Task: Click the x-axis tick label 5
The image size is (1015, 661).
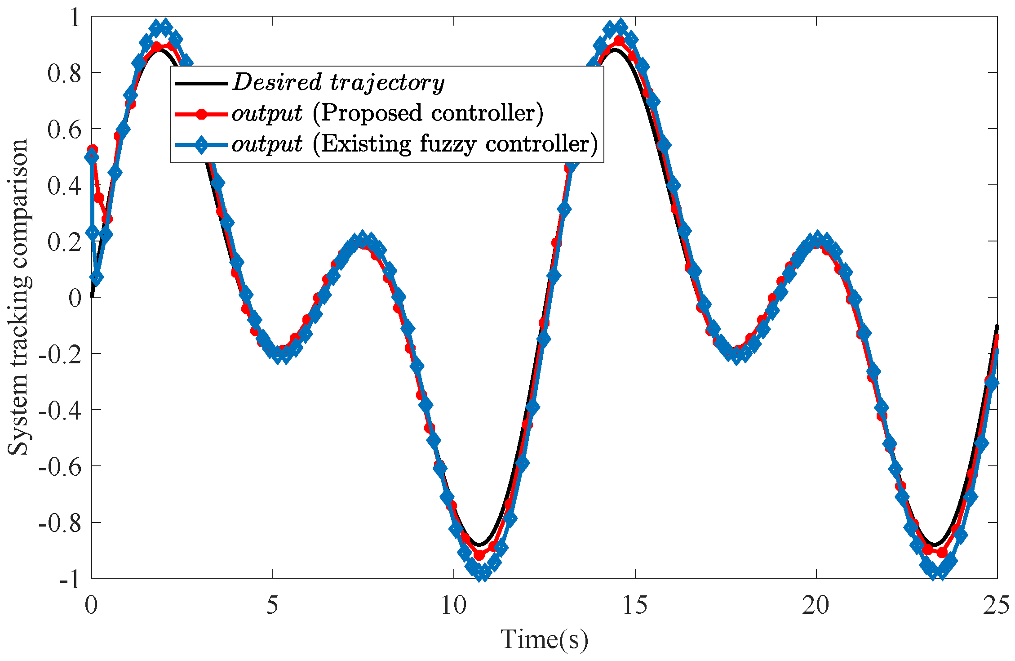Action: [272, 606]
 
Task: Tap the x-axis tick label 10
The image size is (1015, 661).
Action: [453, 606]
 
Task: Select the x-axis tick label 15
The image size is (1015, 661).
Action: [635, 606]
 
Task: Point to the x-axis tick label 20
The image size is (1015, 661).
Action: [816, 606]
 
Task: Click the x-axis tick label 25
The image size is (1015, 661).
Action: [997, 606]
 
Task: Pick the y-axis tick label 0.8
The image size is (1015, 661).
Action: [65, 73]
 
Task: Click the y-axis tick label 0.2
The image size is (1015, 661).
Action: [65, 242]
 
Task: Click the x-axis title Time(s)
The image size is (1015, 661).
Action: [544, 639]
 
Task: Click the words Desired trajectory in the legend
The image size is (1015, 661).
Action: [338, 83]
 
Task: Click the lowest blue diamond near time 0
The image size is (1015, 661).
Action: [96, 278]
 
